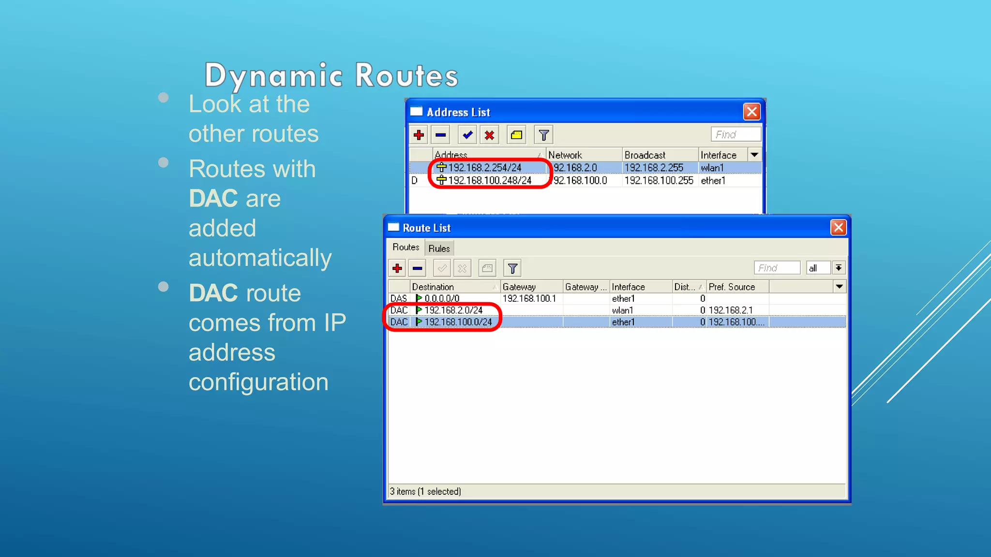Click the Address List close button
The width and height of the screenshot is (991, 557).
[x=751, y=112]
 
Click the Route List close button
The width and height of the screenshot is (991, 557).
[x=838, y=227]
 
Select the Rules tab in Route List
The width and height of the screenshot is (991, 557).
[x=439, y=249]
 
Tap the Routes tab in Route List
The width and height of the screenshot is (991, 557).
[x=405, y=247]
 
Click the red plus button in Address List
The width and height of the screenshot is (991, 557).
[x=419, y=135]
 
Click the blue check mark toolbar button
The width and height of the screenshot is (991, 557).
[x=467, y=135]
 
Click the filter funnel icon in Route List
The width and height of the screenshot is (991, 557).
[x=512, y=268]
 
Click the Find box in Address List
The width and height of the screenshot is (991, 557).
[x=735, y=134]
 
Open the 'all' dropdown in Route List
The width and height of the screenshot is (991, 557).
[x=839, y=268]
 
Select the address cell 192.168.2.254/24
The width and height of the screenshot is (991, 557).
[x=484, y=168]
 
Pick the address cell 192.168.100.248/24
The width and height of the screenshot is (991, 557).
[x=489, y=180]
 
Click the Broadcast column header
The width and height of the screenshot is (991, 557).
[x=645, y=155]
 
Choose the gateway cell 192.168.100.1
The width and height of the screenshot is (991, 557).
[x=529, y=299]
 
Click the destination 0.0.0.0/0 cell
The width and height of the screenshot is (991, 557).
[x=442, y=299]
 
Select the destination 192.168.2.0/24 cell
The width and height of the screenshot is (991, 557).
[x=453, y=310]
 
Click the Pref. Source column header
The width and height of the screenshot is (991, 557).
[x=732, y=287]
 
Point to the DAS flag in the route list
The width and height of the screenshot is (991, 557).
[x=399, y=299]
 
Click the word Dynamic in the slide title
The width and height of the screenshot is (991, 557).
[x=274, y=76]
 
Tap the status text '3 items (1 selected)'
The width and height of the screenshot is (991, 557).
[x=425, y=491]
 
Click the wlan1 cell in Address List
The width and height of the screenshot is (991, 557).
[x=712, y=168]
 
